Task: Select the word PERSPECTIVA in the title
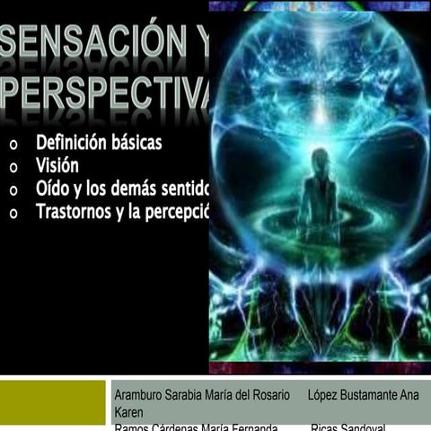(106, 92)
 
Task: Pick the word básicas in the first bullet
(149, 143)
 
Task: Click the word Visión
(57, 166)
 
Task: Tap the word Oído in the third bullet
(51, 189)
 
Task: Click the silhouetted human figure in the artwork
(319, 193)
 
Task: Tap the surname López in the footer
(325, 395)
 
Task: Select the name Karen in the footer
(130, 412)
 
